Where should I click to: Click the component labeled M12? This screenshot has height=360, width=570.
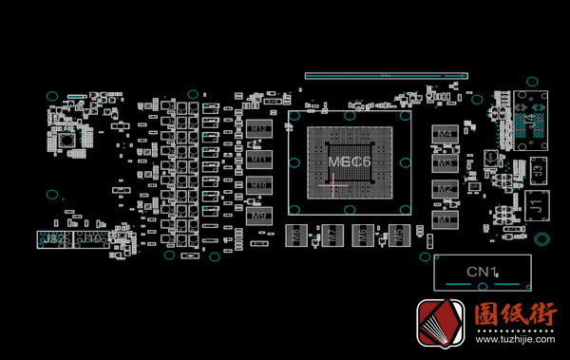(x=257, y=126)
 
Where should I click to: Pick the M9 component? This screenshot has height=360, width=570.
(x=257, y=217)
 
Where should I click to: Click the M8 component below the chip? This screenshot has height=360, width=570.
(x=297, y=234)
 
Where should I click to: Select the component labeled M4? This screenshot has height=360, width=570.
(x=444, y=136)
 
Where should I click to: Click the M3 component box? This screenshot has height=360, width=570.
(x=444, y=163)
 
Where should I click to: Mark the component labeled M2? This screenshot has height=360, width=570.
(x=444, y=190)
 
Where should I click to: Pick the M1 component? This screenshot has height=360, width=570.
(x=444, y=219)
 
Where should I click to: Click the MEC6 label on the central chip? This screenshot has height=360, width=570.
(x=349, y=162)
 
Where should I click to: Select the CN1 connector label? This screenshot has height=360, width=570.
(x=482, y=273)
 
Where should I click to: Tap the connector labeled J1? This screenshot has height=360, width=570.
(x=535, y=203)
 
